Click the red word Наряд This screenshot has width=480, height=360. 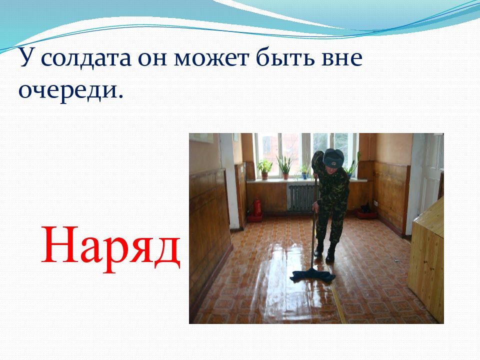[110, 247]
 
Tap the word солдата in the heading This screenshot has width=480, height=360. [85, 57]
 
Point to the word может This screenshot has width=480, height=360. [211, 57]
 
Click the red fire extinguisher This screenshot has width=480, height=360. [257, 206]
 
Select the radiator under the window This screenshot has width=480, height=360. [302, 198]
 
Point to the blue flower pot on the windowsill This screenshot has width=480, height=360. [305, 175]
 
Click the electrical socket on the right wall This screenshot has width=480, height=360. [374, 203]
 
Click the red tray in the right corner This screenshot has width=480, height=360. [366, 214]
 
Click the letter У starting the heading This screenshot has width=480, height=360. [26, 58]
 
